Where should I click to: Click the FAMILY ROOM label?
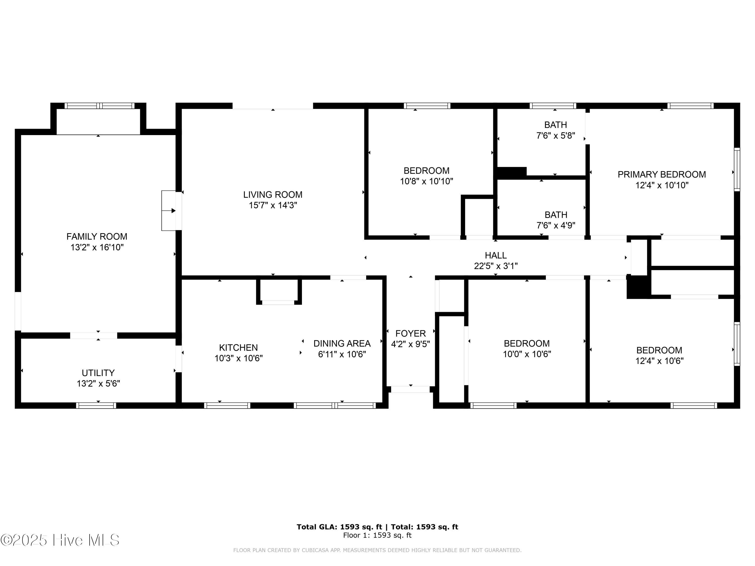point(97,236)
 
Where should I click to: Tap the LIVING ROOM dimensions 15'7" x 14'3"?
point(273,205)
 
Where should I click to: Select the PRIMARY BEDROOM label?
point(661,174)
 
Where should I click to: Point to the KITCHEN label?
point(238,348)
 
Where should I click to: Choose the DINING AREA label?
point(342,343)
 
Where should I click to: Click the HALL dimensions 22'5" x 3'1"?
point(496,266)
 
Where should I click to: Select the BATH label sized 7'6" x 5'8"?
point(555,125)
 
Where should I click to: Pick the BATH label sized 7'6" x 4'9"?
point(556,215)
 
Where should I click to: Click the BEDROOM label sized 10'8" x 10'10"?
point(426,171)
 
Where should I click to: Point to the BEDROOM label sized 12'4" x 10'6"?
point(659,350)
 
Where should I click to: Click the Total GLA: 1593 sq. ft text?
point(339,527)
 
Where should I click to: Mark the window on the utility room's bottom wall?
point(96,405)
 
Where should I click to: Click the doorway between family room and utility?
point(94,335)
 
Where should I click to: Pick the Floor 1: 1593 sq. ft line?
point(377,535)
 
